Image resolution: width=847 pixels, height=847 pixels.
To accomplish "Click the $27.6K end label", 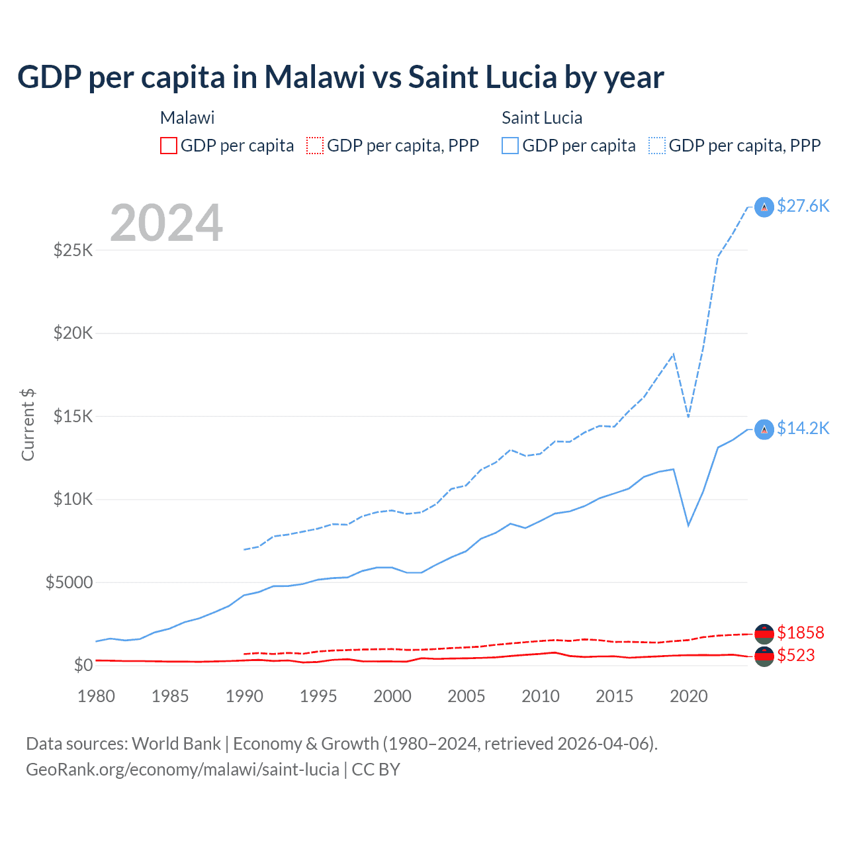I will [x=803, y=206].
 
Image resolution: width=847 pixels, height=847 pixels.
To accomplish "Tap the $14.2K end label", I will [x=803, y=428].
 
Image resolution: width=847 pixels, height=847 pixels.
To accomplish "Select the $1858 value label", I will [x=800, y=633].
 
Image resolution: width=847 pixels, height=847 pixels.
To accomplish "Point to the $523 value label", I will [x=795, y=655].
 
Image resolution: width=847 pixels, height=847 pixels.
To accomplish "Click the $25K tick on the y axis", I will [x=73, y=250].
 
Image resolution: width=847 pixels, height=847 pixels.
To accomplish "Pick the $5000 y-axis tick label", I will [x=69, y=582].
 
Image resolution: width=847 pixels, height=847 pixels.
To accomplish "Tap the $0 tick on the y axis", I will [x=83, y=665].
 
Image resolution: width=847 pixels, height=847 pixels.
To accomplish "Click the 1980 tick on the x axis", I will [x=96, y=696].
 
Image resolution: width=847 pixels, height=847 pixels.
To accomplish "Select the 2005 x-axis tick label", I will [x=466, y=696].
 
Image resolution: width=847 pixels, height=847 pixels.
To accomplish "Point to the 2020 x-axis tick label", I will [x=688, y=696].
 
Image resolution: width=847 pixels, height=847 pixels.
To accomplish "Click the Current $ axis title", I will [x=28, y=425].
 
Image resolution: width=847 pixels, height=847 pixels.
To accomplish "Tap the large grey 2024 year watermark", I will [x=166, y=223].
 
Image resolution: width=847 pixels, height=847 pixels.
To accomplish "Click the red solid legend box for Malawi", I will [x=169, y=146].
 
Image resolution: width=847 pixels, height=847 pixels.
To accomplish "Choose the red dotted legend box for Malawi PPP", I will [x=315, y=146].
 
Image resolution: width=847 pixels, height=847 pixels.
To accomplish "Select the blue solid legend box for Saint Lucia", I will [x=510, y=146].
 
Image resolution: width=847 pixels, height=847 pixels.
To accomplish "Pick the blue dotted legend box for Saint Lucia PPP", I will [x=657, y=146].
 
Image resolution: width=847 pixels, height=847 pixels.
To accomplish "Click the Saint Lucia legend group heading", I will [x=542, y=118].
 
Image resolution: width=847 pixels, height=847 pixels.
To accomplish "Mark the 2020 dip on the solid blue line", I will [x=689, y=525].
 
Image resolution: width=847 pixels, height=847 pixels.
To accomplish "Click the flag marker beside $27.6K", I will [x=764, y=207].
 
